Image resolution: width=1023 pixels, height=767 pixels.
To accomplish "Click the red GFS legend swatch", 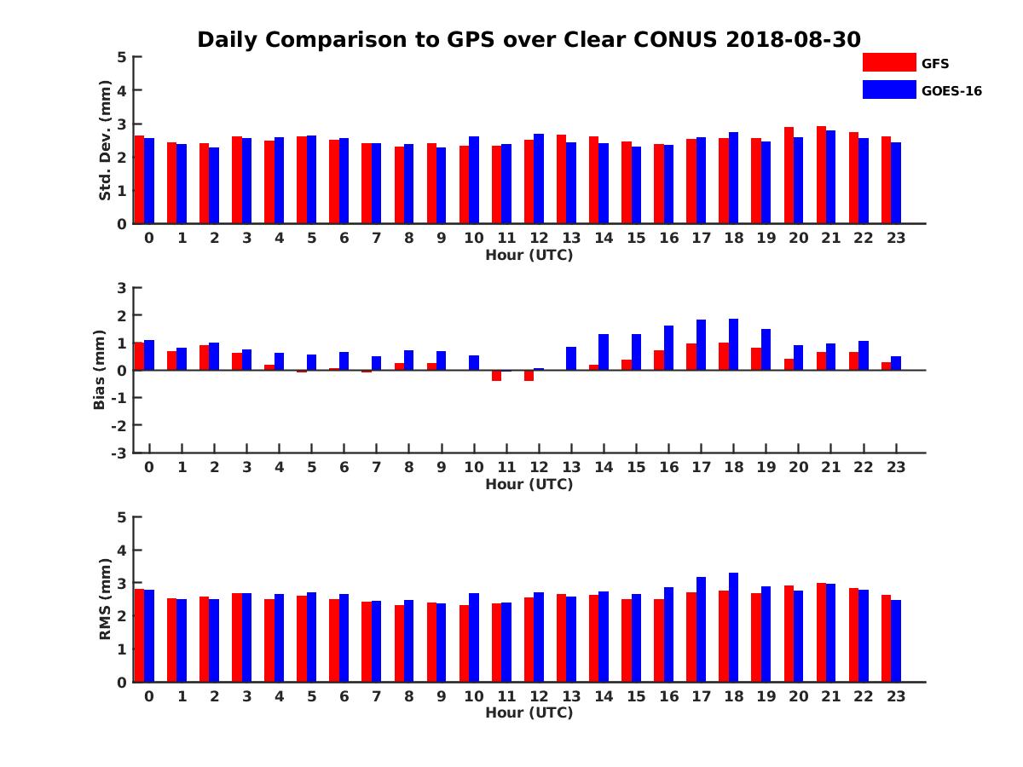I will [x=889, y=62].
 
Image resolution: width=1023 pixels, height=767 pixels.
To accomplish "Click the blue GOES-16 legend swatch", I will [x=889, y=89].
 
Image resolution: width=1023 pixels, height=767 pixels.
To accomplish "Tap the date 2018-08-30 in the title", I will [x=793, y=40].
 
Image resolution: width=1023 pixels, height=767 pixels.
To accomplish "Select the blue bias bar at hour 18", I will [x=733, y=344].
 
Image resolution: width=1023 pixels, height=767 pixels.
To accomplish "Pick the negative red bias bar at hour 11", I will [x=496, y=376].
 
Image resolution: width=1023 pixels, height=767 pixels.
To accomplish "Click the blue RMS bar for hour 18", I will [x=733, y=627].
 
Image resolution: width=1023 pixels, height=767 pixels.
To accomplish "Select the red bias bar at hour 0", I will [x=139, y=356].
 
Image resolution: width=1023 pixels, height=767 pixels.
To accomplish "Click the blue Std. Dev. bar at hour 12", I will [x=539, y=179].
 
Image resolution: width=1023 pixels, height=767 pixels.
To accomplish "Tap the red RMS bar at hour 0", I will [x=139, y=636].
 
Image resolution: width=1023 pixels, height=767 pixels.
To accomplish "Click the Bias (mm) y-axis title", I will [x=100, y=370].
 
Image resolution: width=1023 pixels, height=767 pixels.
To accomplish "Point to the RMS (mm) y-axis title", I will [x=105, y=599].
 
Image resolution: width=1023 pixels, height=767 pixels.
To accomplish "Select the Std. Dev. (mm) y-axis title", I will [x=105, y=141].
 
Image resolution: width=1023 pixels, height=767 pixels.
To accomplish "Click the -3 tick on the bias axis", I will [x=119, y=453].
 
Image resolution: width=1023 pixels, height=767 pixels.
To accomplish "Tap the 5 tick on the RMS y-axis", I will [x=122, y=517].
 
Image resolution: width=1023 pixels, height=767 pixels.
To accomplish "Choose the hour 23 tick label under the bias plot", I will [x=895, y=467].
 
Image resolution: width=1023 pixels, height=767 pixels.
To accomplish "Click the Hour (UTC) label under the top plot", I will [x=529, y=255].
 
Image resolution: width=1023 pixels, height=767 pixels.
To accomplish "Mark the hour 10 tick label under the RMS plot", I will [x=473, y=696].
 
